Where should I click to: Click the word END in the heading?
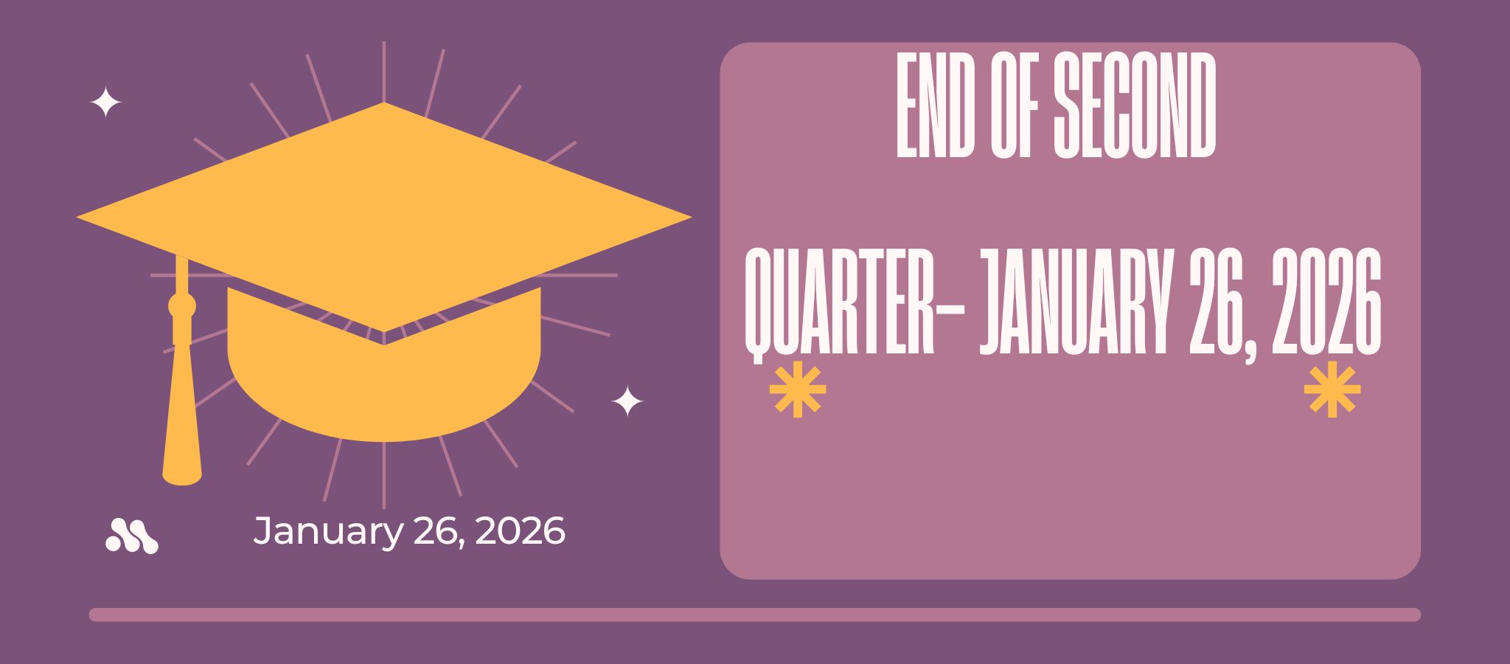point(935,106)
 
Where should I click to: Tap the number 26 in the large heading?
point(1217,302)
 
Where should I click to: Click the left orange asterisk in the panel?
point(797,390)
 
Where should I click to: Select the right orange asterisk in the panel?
point(1332,390)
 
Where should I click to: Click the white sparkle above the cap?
point(105,103)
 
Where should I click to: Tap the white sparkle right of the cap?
point(627,401)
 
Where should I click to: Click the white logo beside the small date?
point(132,536)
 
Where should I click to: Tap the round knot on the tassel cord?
point(181,305)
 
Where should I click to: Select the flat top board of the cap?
point(383,218)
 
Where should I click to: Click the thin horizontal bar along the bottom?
point(755,615)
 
